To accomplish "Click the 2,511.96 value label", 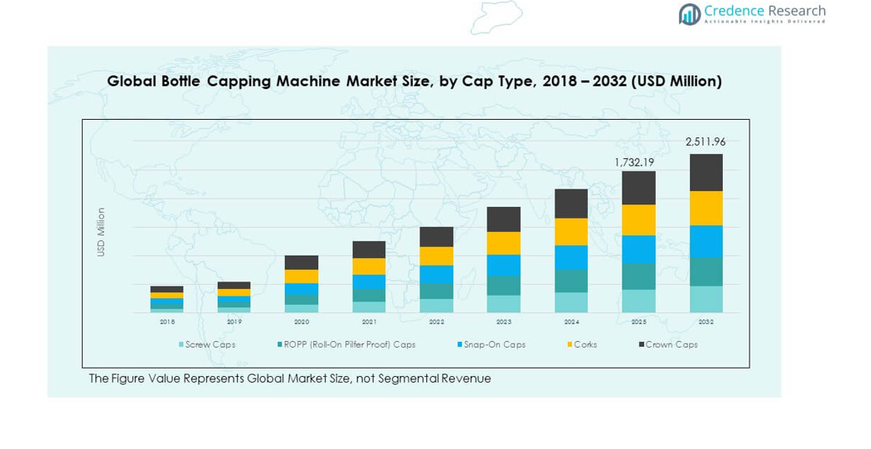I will [x=705, y=142].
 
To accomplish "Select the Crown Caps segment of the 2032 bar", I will [x=706, y=173].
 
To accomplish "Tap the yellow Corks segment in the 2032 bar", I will [x=706, y=209].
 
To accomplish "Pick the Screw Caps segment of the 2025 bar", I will [x=638, y=301].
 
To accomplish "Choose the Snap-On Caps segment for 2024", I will [x=571, y=257].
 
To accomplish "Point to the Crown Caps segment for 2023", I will [x=503, y=219].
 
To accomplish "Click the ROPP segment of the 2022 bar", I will [x=436, y=291].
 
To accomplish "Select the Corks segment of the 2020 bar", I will [x=301, y=276].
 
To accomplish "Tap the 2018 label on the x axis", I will [x=167, y=322].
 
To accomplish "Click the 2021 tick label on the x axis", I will [x=369, y=322].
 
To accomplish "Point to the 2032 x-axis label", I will [x=706, y=322].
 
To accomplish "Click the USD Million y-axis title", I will [x=101, y=232].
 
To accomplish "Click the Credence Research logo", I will [x=752, y=13].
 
